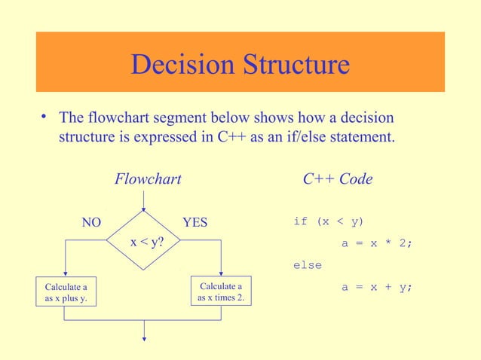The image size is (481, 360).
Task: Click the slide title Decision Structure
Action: pyautogui.click(x=240, y=65)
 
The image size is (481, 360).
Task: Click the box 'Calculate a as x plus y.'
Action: pyautogui.click(x=66, y=293)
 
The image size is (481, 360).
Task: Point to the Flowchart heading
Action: pyautogui.click(x=148, y=179)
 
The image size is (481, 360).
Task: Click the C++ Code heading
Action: pyautogui.click(x=337, y=179)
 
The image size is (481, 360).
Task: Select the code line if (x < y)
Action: pyautogui.click(x=328, y=221)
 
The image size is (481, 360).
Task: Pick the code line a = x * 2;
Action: pyautogui.click(x=377, y=243)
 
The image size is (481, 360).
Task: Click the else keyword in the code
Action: pyautogui.click(x=308, y=265)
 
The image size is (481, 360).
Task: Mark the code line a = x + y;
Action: pyautogui.click(x=377, y=287)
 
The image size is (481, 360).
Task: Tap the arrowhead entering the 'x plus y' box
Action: pyautogui.click(x=66, y=275)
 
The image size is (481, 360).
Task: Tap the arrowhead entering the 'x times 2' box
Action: pyautogui.click(x=220, y=274)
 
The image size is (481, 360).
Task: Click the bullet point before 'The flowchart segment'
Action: pyautogui.click(x=45, y=117)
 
